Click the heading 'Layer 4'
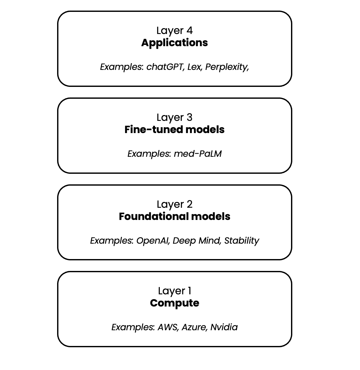click(174, 30)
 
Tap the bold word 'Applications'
click(174, 43)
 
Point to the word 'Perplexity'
click(227, 67)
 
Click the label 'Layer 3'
click(174, 117)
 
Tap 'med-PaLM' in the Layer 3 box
click(198, 154)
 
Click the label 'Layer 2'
click(174, 204)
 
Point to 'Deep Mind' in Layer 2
click(197, 241)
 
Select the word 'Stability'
click(242, 241)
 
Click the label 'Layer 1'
click(174, 291)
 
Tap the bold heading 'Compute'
click(174, 303)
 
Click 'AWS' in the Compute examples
click(167, 327)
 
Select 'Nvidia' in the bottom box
click(224, 327)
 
